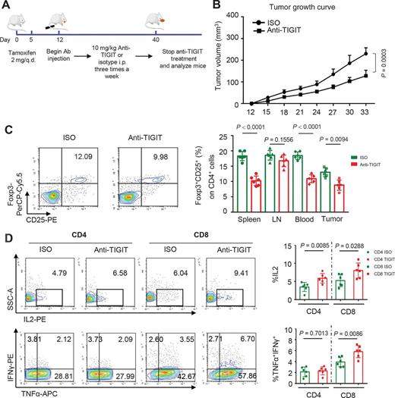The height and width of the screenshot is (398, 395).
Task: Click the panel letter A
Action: pos(7,7)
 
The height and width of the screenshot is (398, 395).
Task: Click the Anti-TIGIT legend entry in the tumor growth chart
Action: pos(279,30)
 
